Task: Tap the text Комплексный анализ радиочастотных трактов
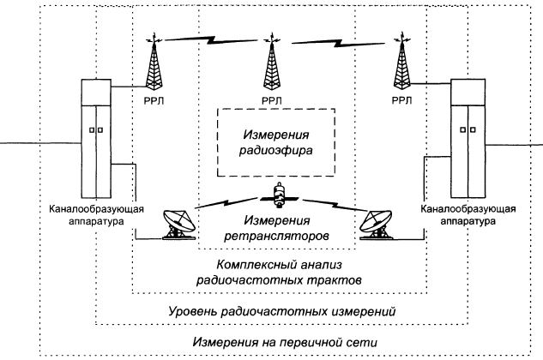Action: point(274,272)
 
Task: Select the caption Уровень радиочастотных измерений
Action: point(275,309)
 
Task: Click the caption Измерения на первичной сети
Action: point(274,342)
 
